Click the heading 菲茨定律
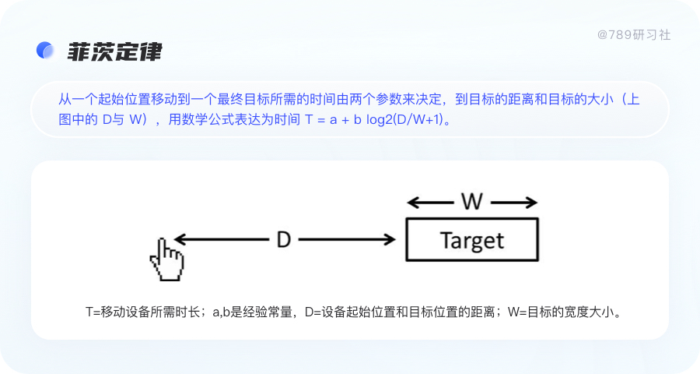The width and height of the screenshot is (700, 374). point(114,51)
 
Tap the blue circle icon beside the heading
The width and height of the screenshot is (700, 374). point(46,50)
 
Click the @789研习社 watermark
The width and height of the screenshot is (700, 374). point(634,35)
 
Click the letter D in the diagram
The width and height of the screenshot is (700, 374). point(284,240)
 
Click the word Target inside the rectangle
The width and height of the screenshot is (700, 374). point(472,240)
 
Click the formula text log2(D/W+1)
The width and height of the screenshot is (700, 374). point(410,122)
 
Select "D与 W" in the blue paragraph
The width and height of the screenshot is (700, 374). point(126,122)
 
